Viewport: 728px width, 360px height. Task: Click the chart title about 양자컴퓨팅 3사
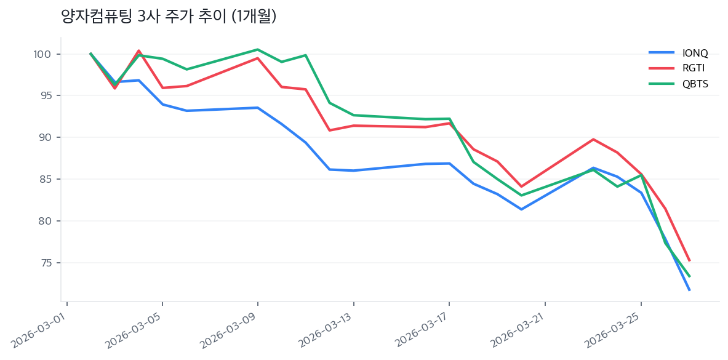169,16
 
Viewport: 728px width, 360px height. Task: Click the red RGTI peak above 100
138,50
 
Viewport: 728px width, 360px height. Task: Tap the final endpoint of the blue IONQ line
689,290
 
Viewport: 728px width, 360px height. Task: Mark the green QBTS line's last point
689,276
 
